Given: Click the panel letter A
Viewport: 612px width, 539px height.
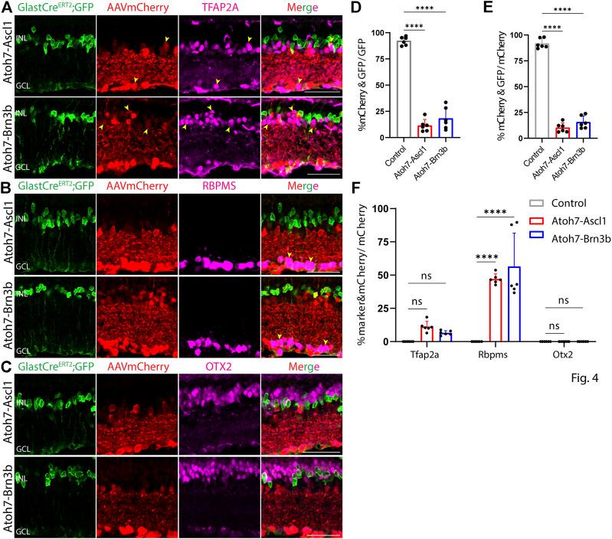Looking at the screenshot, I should pos(6,7).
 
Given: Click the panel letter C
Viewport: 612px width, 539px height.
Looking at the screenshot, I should pos(6,364).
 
